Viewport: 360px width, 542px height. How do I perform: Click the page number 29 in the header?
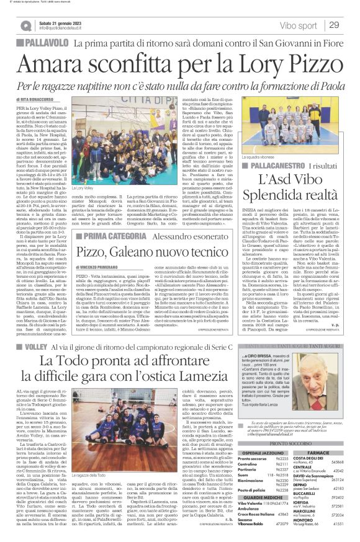[x=333, y=24]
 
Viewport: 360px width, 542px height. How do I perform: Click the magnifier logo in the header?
[x=25, y=25]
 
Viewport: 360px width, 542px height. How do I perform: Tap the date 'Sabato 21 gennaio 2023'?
[x=57, y=22]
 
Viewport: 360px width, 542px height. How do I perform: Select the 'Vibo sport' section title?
[x=297, y=24]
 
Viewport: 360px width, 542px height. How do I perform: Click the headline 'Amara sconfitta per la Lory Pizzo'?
[x=180, y=60]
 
